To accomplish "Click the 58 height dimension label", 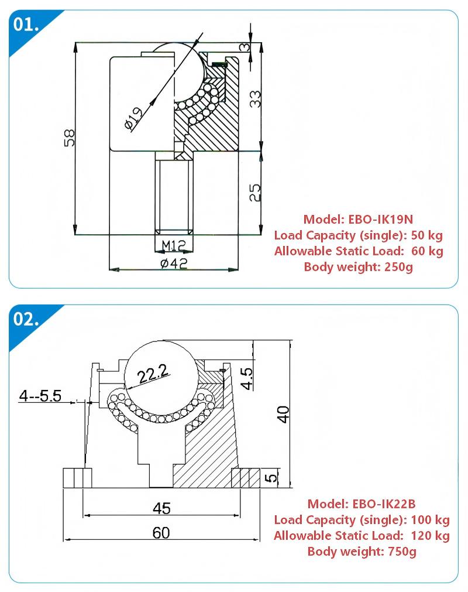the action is pyautogui.click(x=70, y=138).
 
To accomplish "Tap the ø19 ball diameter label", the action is pyautogui.click(x=133, y=118).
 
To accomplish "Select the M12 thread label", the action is pyautogui.click(x=174, y=246).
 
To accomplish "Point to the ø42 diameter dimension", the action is pyautogui.click(x=174, y=263).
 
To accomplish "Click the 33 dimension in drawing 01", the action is pyautogui.click(x=255, y=99).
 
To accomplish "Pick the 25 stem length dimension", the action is pyautogui.click(x=255, y=193).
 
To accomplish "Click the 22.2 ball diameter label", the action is pyautogui.click(x=153, y=374).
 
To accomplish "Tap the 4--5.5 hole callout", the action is pyautogui.click(x=40, y=396).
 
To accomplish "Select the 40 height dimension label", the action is pyautogui.click(x=283, y=414).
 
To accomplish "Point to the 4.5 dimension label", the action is pyautogui.click(x=247, y=378).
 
